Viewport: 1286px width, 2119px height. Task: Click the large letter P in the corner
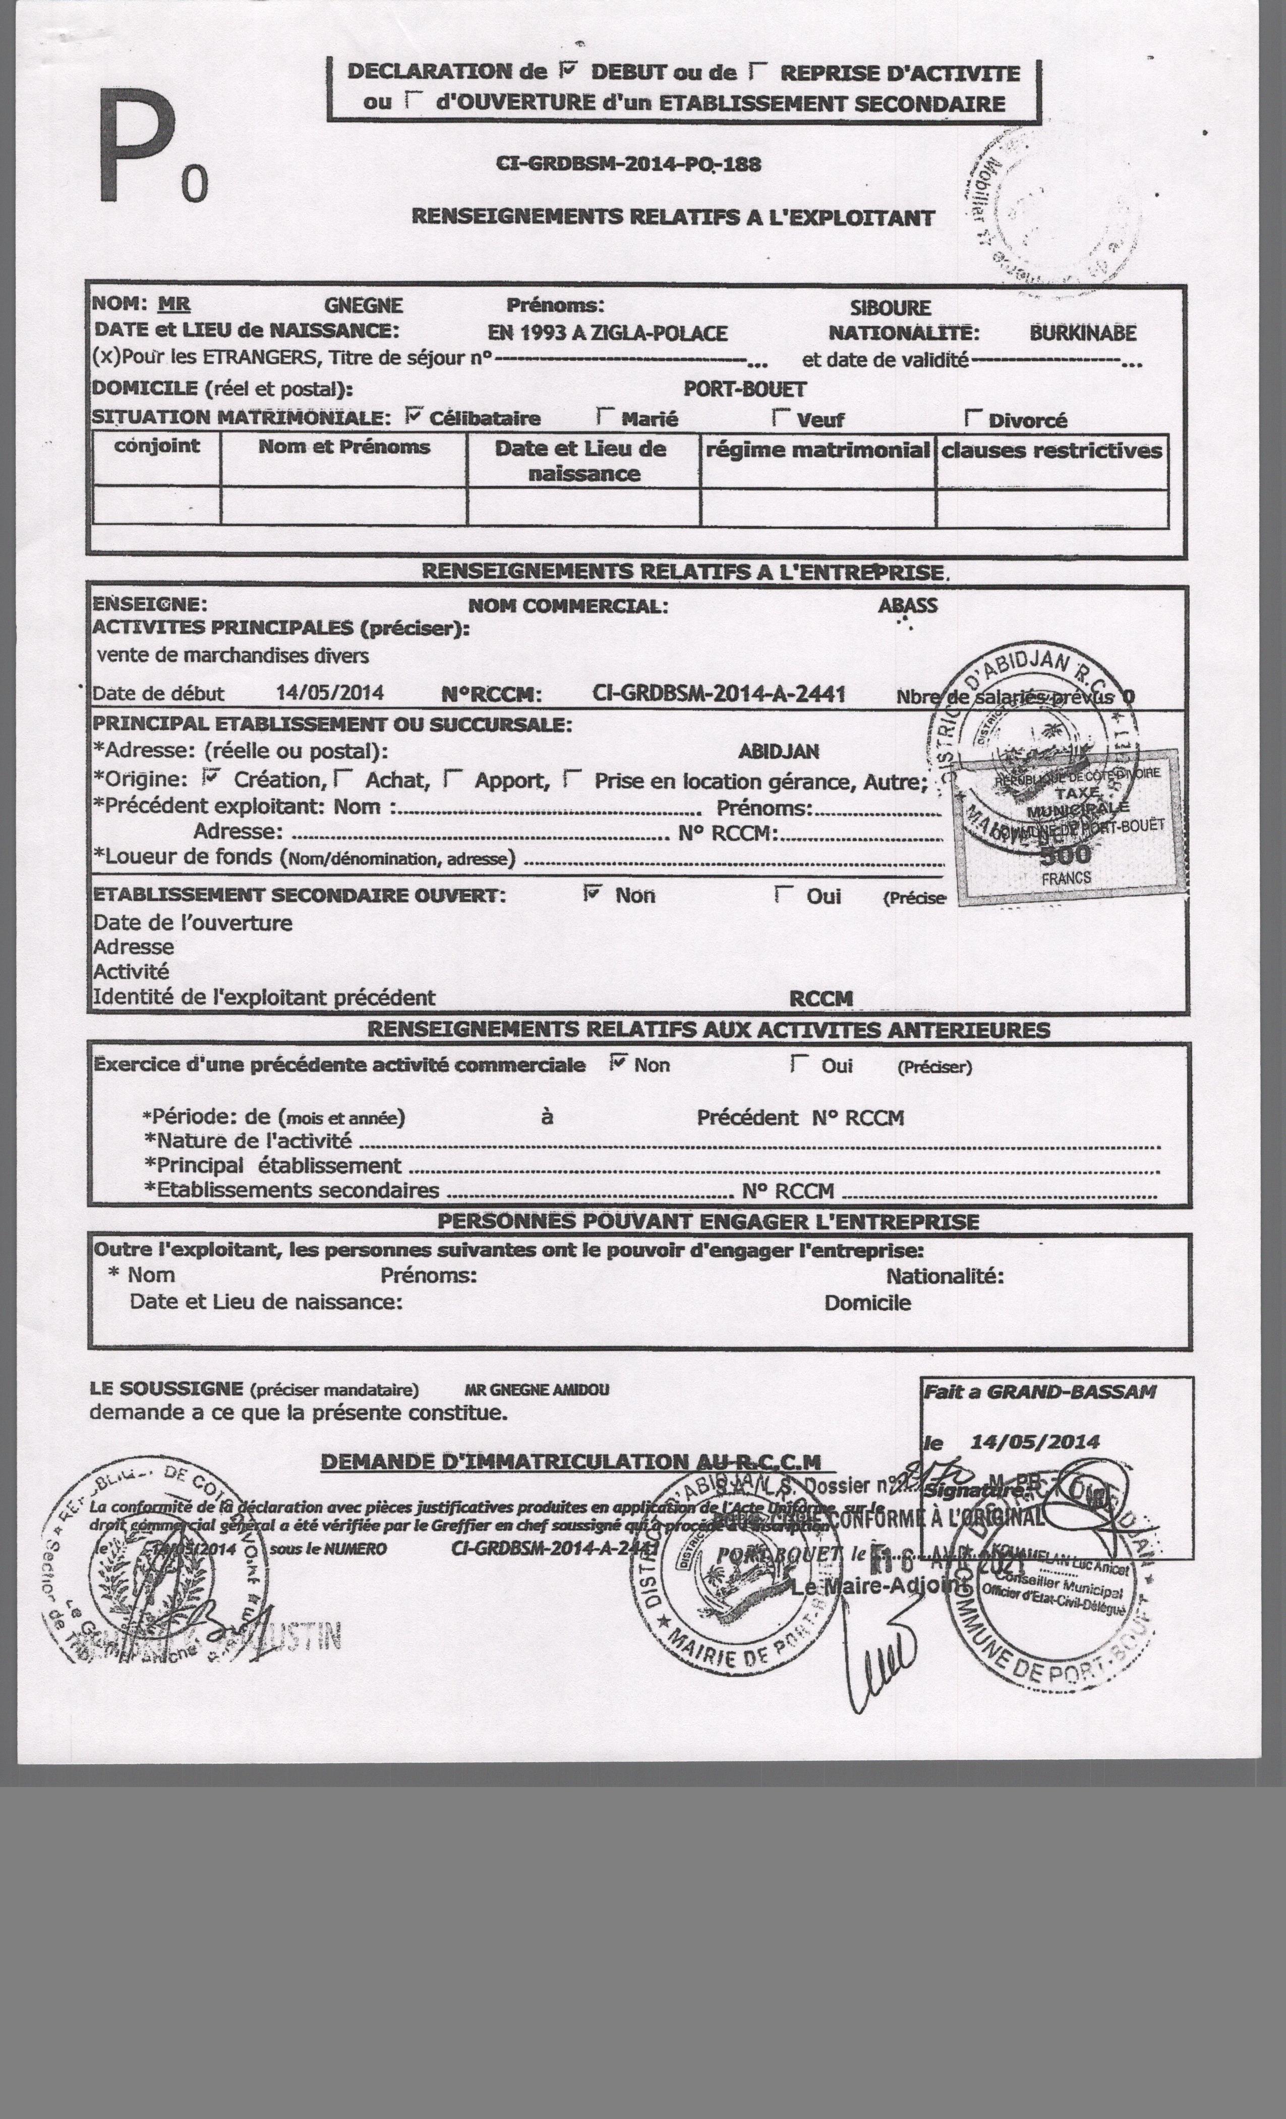click(136, 148)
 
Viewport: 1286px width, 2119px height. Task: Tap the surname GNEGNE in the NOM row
click(363, 305)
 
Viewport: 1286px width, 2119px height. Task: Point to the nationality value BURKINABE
click(1082, 333)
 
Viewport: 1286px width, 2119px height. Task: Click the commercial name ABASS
click(907, 605)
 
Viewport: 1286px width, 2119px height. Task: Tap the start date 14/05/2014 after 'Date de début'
click(329, 693)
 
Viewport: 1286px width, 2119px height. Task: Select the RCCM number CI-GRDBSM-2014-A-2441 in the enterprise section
click(719, 694)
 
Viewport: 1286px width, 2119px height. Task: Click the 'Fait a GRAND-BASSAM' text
click(1039, 1391)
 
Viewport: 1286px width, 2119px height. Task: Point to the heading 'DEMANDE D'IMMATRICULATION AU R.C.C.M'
click(570, 1461)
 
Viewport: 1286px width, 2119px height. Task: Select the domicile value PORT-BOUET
click(744, 388)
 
